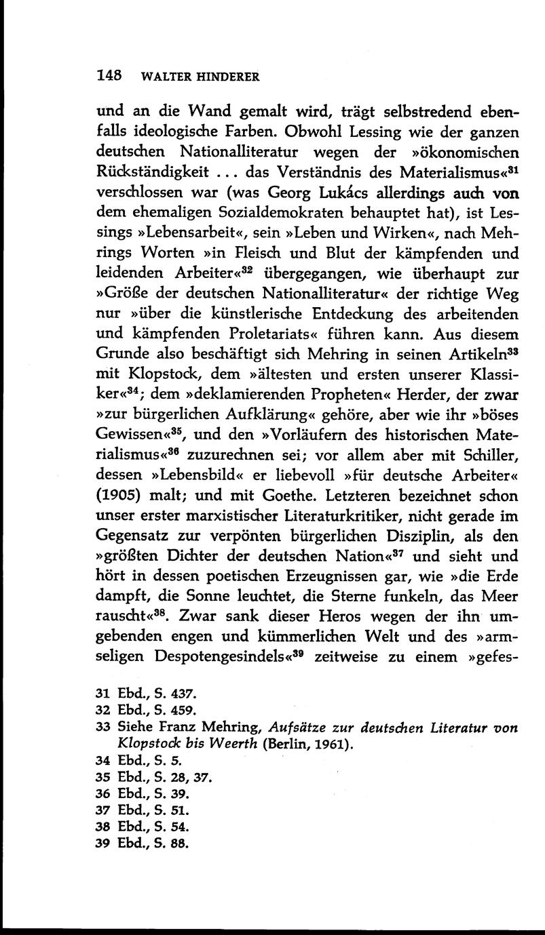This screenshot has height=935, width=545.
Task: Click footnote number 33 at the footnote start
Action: coord(103,727)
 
